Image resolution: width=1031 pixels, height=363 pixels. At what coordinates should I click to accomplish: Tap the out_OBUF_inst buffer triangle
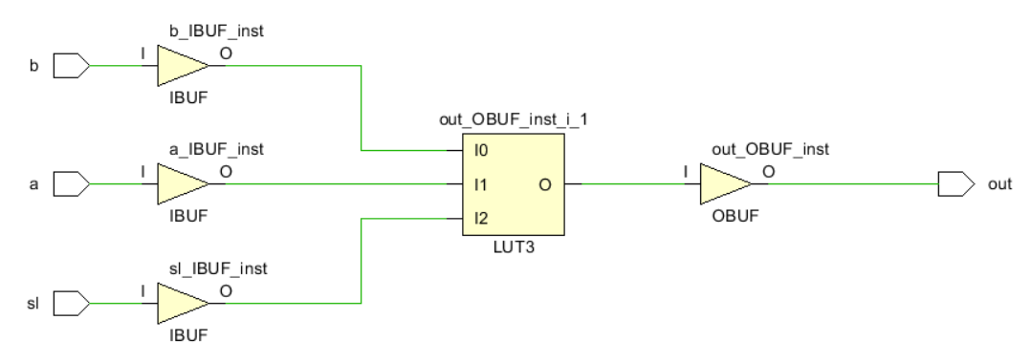725,184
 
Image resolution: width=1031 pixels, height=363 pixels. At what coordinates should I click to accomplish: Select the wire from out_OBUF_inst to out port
851,184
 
